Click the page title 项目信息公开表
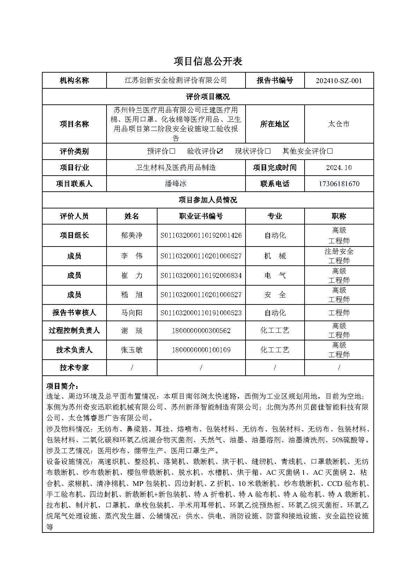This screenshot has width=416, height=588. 208,61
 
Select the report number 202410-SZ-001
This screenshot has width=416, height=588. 339,81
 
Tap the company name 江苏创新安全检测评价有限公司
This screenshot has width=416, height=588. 176,81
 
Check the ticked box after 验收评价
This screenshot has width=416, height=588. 220,151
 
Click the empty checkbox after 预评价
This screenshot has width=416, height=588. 172,151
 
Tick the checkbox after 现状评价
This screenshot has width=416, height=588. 268,151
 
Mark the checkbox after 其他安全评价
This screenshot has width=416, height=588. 330,151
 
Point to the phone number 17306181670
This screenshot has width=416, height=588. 339,184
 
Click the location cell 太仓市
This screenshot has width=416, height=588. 339,124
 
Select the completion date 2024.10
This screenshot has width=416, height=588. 339,168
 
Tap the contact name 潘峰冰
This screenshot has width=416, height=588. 176,184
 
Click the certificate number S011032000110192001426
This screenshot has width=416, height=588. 201,236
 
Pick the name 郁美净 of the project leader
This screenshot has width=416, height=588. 132,236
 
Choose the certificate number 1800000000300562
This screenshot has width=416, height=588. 201,331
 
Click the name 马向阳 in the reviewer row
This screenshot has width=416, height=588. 132,313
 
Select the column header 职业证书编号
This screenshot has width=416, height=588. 201,216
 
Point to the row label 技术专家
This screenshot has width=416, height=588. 74,368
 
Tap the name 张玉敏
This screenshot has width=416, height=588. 132,350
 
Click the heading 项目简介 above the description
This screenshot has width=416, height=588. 63,386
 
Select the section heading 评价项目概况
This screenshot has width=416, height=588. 208,97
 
